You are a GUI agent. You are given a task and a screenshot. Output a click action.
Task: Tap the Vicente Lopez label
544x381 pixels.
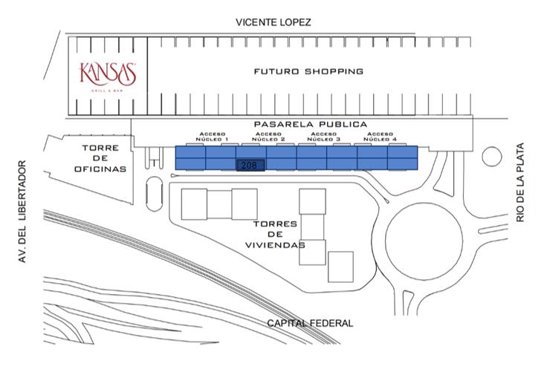click(273, 22)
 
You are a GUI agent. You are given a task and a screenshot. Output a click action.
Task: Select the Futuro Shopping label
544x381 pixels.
click(308, 71)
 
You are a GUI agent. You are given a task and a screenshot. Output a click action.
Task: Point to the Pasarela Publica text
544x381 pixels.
click(311, 124)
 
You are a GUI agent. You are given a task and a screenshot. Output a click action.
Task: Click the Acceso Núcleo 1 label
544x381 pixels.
click(212, 137)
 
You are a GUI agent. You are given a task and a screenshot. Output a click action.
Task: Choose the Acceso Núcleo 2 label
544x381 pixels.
click(268, 137)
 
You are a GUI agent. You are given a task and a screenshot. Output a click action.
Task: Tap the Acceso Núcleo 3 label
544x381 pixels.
click(324, 137)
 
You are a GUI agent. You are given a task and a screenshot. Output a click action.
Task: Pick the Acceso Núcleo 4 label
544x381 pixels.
click(380, 137)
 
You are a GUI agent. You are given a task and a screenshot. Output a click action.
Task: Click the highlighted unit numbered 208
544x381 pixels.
click(250, 166)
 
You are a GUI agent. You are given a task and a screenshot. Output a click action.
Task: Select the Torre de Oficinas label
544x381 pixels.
click(100, 158)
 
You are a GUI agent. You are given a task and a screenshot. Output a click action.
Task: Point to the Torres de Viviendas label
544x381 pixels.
click(275, 235)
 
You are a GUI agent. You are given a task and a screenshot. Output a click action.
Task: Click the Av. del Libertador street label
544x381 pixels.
click(22, 212)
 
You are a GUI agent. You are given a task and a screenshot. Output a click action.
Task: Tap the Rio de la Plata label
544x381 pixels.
click(520, 183)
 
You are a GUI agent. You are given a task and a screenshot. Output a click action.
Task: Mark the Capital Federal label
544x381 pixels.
click(310, 324)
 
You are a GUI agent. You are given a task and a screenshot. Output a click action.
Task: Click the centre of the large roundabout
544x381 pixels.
click(424, 241)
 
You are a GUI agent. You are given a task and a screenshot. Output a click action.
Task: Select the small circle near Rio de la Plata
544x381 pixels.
click(492, 157)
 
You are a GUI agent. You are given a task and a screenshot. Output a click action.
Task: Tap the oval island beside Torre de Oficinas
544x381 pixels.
click(155, 194)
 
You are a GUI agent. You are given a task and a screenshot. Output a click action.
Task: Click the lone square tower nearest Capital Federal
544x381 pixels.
click(340, 267)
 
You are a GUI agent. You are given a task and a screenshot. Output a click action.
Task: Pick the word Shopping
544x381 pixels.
click(334, 71)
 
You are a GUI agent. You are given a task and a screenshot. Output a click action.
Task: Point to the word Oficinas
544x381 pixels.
click(100, 169)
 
